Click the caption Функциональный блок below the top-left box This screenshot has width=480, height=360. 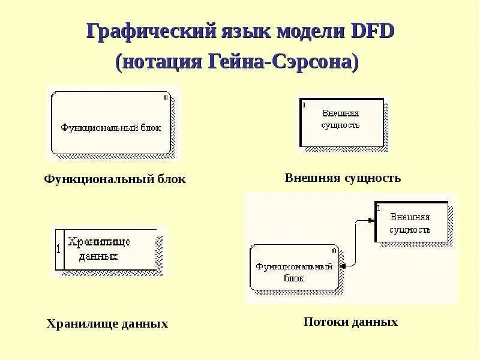pos(115,179)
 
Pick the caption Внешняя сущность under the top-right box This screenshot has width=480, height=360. pos(343,178)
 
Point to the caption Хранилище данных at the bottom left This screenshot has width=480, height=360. pos(107,324)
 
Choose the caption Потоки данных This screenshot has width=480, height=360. pos(350,322)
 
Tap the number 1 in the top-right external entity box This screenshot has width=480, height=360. pos(304,104)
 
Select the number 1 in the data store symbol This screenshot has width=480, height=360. pos(58,249)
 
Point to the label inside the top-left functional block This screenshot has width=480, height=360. pos(111,127)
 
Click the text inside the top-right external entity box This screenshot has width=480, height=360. pos(341,119)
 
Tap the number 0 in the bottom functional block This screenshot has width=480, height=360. pos(334,250)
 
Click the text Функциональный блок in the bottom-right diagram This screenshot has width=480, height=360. pos(294,272)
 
